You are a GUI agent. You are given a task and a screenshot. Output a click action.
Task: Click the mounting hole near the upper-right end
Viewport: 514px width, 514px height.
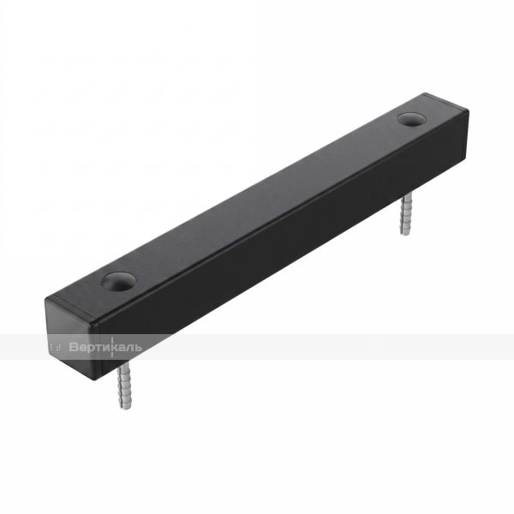[x=410, y=120]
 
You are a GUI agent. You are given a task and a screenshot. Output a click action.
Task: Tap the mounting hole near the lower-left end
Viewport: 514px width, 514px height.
[x=119, y=281]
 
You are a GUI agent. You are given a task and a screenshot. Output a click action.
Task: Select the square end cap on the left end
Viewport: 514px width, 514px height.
[x=74, y=338]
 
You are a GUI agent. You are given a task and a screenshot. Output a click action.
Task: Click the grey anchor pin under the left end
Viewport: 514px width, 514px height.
[x=124, y=385]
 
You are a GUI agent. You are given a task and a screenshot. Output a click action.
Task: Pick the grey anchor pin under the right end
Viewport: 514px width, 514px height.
[x=406, y=213]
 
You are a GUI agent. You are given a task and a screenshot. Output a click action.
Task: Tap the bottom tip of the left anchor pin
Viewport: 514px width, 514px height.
[x=123, y=410]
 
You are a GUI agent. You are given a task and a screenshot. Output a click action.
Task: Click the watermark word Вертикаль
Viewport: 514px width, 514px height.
[x=105, y=347]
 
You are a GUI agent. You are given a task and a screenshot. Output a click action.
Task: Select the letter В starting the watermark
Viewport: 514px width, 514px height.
[x=74, y=347]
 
